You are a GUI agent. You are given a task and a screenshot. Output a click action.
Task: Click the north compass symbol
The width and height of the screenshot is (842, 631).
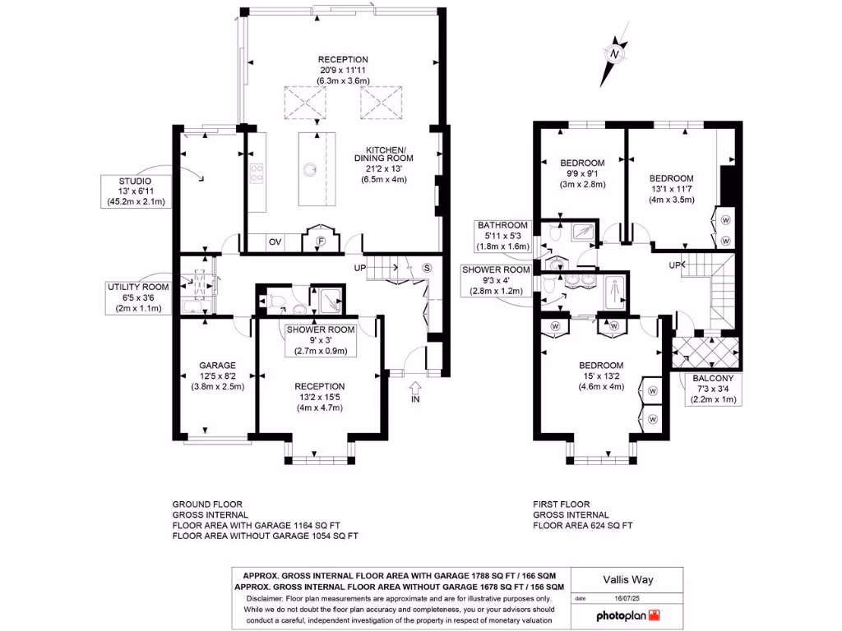click(614, 52)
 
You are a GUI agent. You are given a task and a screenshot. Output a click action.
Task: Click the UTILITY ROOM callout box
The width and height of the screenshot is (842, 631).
click(137, 297)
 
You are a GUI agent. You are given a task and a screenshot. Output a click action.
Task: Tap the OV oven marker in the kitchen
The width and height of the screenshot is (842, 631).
click(275, 242)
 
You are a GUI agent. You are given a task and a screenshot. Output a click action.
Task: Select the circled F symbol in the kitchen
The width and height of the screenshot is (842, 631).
click(321, 242)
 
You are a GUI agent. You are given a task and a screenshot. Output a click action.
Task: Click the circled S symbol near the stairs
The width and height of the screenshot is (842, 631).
click(427, 268)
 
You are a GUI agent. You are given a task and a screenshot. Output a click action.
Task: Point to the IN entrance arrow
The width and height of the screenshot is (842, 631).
click(414, 391)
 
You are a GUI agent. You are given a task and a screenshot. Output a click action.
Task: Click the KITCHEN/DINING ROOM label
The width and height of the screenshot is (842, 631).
click(385, 164)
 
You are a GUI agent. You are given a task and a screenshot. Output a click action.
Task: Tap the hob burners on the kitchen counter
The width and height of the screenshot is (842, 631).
click(256, 174)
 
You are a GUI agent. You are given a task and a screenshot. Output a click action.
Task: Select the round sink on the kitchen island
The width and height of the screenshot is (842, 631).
click(310, 169)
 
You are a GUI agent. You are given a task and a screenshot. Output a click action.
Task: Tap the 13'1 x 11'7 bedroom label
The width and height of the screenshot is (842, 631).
click(671, 188)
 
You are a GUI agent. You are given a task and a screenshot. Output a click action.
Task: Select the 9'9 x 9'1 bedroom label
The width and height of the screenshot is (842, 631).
click(582, 173)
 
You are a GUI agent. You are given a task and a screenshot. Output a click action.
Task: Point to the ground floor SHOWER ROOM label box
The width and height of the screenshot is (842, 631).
click(321, 340)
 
